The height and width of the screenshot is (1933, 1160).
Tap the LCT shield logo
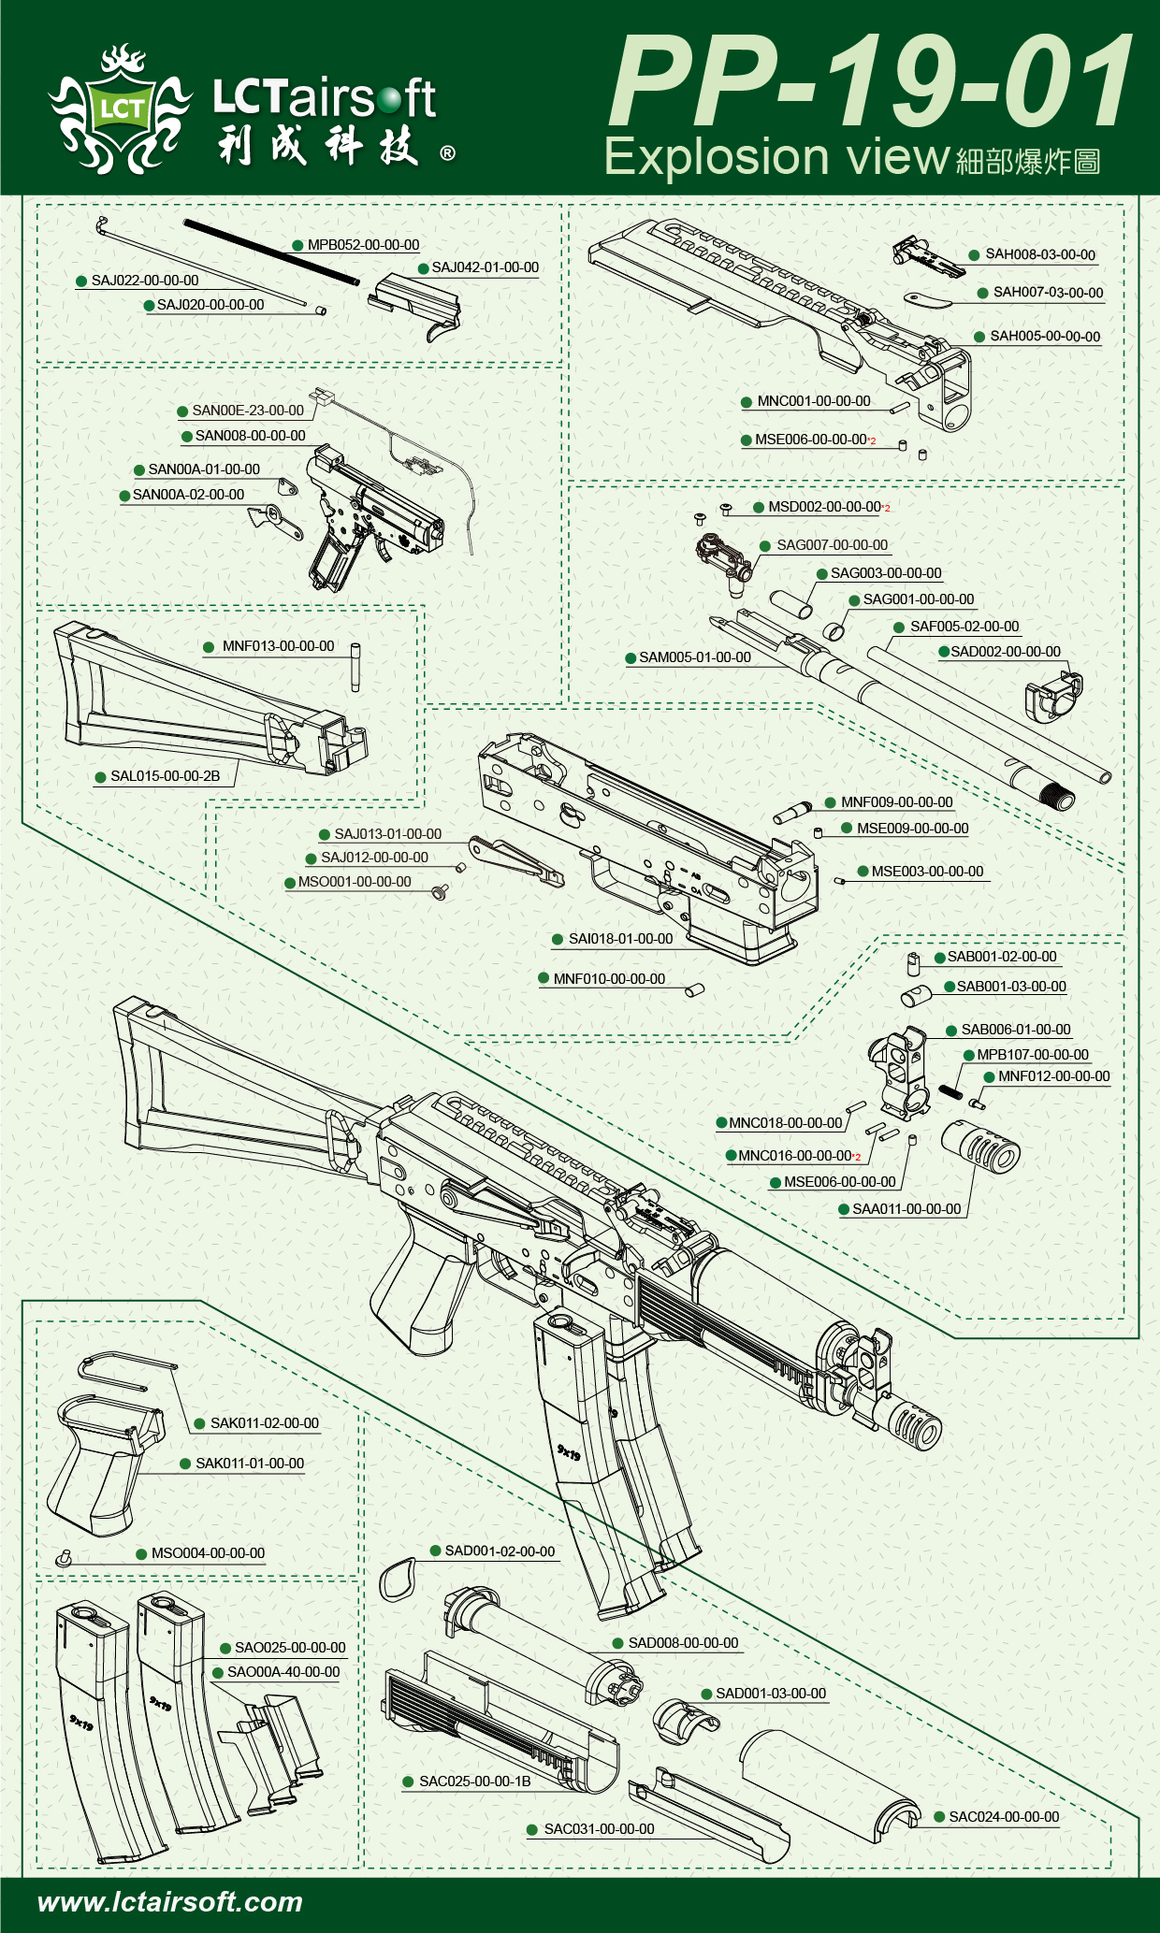(x=122, y=110)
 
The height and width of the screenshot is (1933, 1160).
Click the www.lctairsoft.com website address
(x=170, y=1901)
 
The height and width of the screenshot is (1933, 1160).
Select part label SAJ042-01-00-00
(x=485, y=267)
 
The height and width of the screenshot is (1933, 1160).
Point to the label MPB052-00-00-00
(x=363, y=245)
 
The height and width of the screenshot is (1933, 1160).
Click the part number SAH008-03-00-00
(x=1040, y=254)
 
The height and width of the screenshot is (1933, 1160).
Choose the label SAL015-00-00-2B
(x=166, y=776)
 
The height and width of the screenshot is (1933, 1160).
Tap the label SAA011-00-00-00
(x=906, y=1209)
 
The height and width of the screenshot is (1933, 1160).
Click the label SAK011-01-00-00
(x=250, y=1464)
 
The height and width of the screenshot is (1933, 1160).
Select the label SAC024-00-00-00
(x=1004, y=1817)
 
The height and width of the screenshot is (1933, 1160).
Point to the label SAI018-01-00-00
(x=620, y=939)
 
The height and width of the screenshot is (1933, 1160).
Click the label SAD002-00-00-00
(x=1006, y=652)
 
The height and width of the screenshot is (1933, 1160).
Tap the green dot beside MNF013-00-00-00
(x=209, y=647)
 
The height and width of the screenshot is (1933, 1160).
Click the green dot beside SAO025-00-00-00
(x=225, y=1648)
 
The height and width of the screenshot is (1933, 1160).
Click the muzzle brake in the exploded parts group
(x=980, y=1145)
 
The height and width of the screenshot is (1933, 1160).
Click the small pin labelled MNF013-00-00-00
(x=355, y=666)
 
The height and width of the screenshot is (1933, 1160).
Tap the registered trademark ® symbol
(x=448, y=152)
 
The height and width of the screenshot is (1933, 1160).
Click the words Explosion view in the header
(x=776, y=157)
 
